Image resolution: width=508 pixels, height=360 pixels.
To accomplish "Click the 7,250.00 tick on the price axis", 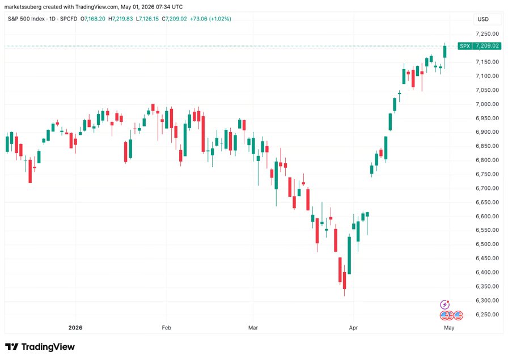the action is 487,33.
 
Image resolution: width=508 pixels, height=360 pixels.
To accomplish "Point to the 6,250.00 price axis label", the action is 487,314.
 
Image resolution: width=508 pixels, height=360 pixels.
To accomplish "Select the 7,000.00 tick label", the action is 487,104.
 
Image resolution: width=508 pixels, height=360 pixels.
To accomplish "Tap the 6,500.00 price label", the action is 487,244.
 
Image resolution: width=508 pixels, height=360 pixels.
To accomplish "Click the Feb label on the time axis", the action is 166,328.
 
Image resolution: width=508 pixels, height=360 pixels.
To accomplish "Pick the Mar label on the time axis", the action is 253,328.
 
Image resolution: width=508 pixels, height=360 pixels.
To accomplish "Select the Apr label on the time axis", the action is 353,328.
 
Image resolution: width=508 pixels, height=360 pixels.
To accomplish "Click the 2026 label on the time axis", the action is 75,328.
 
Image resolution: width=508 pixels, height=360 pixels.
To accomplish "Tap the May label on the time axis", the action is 449,328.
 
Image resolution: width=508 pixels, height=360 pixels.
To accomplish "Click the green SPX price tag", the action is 480,46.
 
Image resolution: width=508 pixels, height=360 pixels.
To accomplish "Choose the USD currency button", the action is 483,19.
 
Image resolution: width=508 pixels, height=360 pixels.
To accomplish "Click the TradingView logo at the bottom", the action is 40,347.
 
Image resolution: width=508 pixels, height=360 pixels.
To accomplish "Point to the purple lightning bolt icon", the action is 445,304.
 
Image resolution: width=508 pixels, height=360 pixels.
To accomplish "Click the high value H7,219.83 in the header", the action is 121,19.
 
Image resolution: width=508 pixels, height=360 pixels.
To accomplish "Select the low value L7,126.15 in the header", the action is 147,19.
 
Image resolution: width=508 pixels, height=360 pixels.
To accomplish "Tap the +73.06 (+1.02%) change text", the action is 210,19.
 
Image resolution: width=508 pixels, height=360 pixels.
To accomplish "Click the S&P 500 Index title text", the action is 26,19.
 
